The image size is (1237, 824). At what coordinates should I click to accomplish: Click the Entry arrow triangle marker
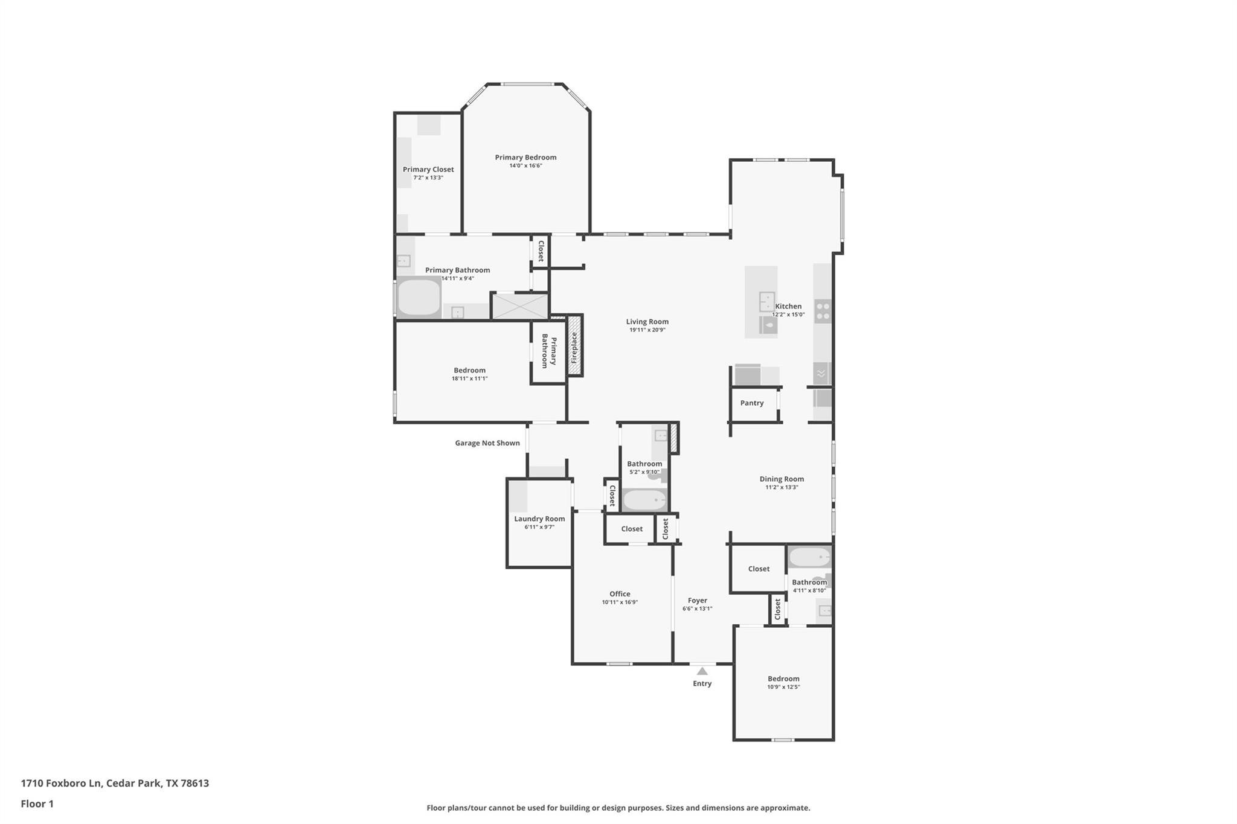(x=702, y=671)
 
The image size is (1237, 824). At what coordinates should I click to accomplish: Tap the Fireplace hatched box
(x=574, y=347)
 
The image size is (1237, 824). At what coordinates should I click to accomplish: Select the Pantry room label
(x=752, y=403)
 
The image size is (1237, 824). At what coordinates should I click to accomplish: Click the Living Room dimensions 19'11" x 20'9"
(x=647, y=330)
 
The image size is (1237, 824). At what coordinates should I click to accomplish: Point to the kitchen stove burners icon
(x=822, y=311)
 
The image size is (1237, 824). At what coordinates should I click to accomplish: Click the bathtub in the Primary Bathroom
(x=419, y=297)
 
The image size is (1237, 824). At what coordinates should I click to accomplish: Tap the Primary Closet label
(x=428, y=170)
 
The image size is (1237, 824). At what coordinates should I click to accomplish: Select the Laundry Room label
(x=539, y=519)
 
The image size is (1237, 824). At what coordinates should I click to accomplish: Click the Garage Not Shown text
(x=487, y=443)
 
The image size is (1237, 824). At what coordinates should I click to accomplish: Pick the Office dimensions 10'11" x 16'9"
(x=619, y=602)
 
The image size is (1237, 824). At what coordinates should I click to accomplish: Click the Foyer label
(x=697, y=601)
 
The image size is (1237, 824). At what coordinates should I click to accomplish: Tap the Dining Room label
(x=782, y=479)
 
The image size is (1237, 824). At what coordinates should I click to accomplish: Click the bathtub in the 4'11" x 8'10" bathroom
(x=809, y=557)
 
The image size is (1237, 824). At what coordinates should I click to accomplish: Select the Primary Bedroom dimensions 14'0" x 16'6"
(x=525, y=166)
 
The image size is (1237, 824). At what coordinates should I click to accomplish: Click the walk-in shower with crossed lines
(x=520, y=306)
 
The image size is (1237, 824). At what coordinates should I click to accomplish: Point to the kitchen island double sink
(x=767, y=301)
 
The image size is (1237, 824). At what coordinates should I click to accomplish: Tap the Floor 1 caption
(x=37, y=804)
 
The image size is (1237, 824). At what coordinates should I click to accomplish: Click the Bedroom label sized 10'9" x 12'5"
(x=783, y=679)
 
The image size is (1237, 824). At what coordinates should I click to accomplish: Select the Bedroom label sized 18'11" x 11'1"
(x=469, y=371)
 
